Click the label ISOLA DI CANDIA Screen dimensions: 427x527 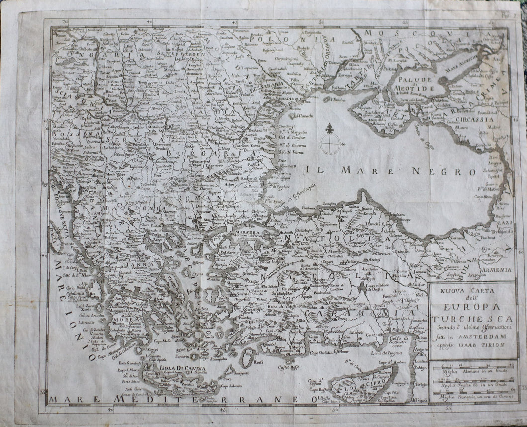(x=169, y=368)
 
